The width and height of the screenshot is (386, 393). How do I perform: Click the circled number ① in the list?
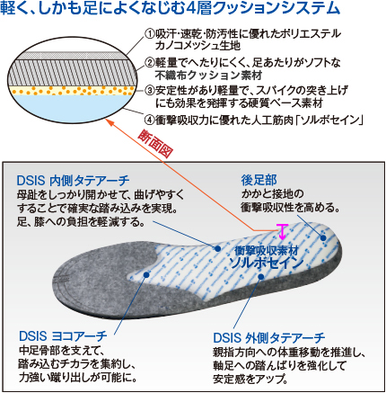[150, 33]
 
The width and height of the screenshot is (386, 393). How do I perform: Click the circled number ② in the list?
[150, 62]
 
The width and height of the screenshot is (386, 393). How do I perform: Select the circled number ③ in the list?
[150, 90]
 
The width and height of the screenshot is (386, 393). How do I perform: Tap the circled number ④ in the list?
[150, 120]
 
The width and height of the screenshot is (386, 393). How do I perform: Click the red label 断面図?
[155, 144]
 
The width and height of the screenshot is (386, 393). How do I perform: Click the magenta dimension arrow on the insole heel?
[282, 232]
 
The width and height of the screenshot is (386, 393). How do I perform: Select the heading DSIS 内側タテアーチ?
[73, 181]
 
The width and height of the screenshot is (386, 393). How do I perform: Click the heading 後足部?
[259, 180]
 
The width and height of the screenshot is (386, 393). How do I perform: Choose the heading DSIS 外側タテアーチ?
[269, 338]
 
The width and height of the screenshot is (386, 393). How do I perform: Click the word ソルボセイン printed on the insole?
[267, 263]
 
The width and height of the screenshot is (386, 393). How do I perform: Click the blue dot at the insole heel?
[323, 238]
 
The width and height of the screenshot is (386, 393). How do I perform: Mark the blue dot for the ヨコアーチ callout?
[146, 274]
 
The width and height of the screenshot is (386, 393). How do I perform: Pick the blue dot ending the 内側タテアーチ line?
[218, 248]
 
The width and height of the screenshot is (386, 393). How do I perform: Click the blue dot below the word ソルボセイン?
[261, 277]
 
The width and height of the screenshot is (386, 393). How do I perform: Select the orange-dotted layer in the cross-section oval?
[72, 90]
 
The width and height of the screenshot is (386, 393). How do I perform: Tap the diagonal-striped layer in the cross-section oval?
[72, 72]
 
